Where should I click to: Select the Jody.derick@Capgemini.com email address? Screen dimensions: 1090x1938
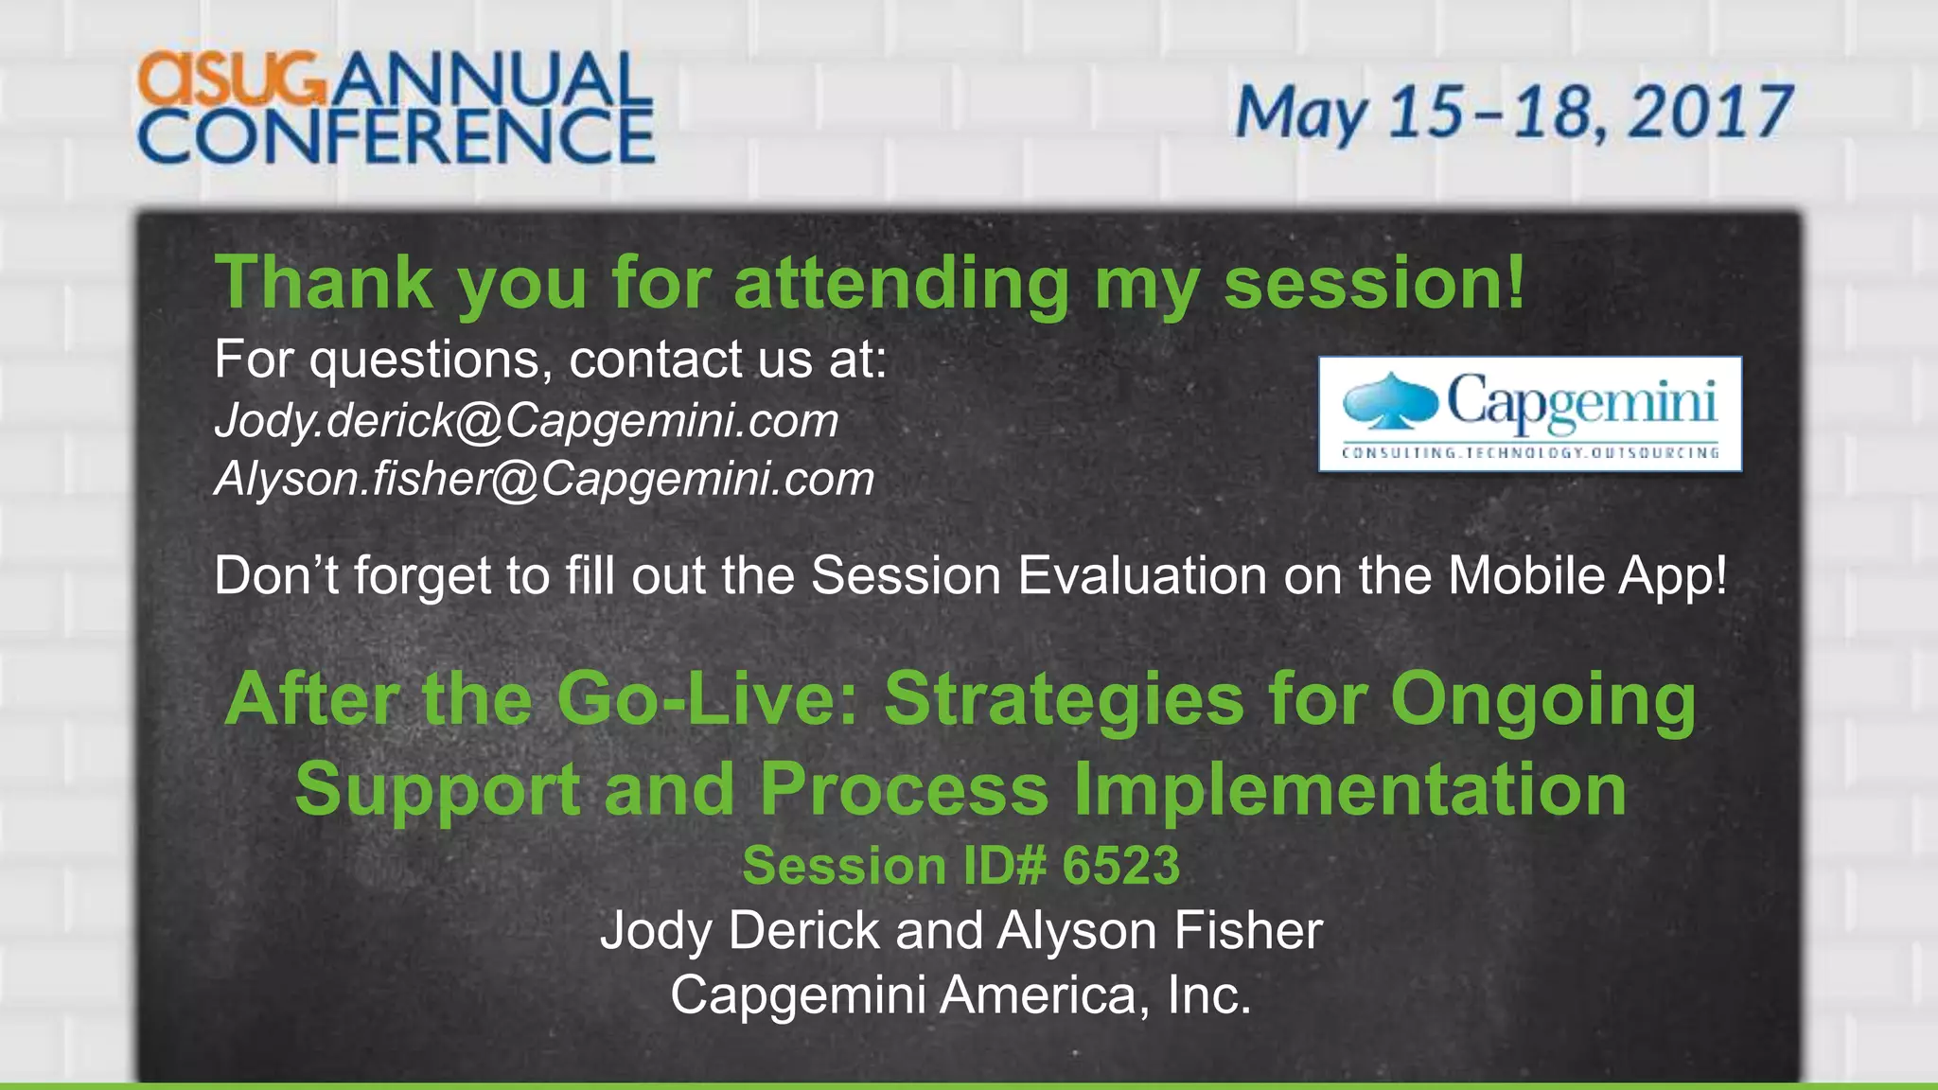526,421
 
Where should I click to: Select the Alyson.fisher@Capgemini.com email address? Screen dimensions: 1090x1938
544,479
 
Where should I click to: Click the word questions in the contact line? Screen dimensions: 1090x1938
431,361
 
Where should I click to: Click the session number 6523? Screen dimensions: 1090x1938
1120,866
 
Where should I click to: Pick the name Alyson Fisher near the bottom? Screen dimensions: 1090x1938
1159,931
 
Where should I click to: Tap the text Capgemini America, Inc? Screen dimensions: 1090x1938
960,995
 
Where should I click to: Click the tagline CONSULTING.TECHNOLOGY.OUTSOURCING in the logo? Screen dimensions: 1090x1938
1529,453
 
